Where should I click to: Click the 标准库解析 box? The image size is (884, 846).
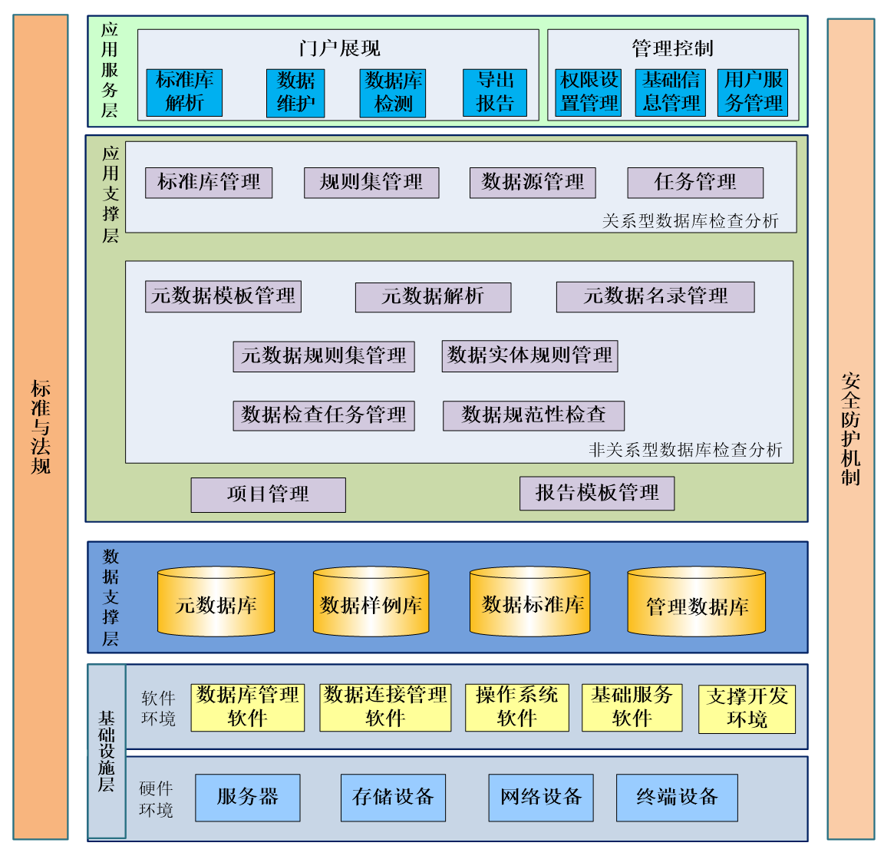(184, 92)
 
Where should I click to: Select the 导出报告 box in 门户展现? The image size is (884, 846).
(495, 92)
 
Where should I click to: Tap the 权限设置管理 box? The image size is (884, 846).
(589, 92)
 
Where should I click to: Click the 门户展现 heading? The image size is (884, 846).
(339, 48)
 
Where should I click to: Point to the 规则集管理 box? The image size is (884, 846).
(371, 183)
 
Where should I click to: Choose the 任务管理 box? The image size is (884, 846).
(695, 183)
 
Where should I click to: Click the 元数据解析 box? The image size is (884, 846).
(433, 297)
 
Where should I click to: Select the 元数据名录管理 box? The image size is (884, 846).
(655, 297)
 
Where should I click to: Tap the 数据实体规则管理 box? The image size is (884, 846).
(529, 356)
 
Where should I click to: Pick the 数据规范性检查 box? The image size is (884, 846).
(533, 415)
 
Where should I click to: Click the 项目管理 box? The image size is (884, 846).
(268, 494)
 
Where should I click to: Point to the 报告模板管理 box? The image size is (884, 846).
(597, 493)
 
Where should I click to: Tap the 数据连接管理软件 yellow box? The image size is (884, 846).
(385, 707)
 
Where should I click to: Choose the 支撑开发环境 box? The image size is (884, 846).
(747, 709)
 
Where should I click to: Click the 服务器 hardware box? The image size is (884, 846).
(247, 798)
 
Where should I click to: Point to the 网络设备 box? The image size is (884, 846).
(541, 798)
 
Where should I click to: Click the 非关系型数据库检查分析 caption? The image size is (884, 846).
(685, 450)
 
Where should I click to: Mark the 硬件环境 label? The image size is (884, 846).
(156, 799)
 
